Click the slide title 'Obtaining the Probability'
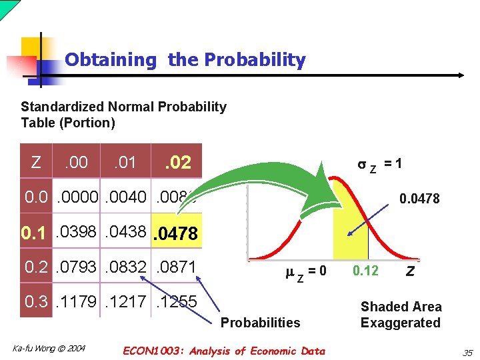[185, 60]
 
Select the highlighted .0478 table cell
[176, 234]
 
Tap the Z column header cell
[36, 162]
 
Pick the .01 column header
[125, 162]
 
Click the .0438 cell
[127, 233]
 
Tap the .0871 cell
[176, 267]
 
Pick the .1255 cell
[176, 302]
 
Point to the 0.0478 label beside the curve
[419, 198]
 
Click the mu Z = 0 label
[305, 272]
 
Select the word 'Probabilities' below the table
[260, 323]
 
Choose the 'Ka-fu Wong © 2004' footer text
[49, 349]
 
